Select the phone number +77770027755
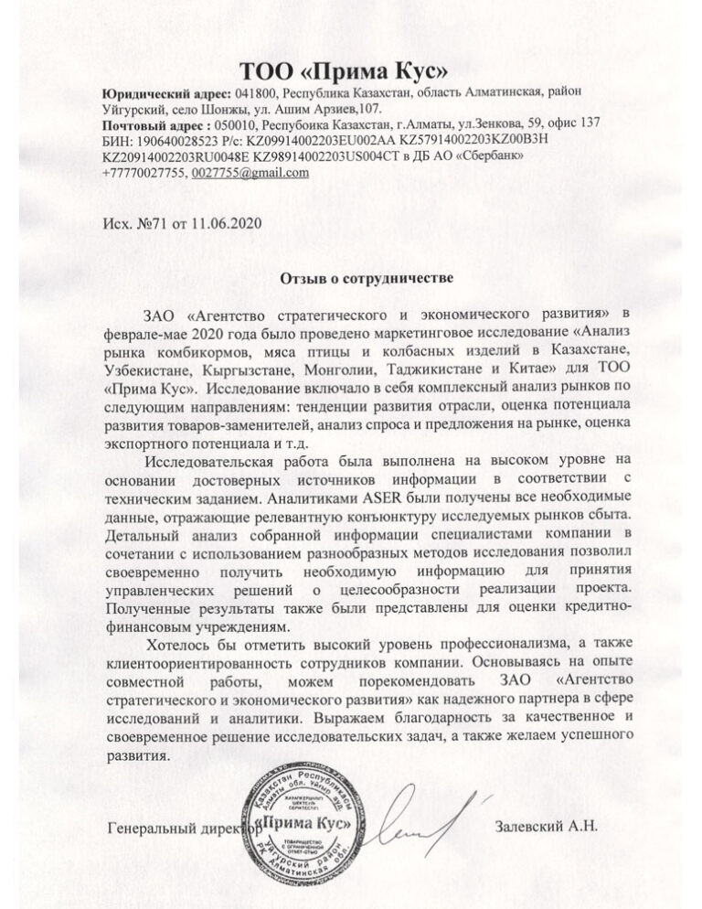142,173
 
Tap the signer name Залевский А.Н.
545,827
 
